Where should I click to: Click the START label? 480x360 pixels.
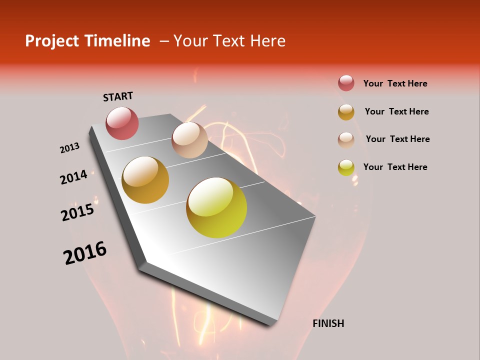pyautogui.click(x=118, y=96)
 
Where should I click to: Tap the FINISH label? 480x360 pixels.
pyautogui.click(x=328, y=323)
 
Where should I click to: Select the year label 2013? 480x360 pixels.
pyautogui.click(x=70, y=148)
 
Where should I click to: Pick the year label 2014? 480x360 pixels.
pyautogui.click(x=73, y=177)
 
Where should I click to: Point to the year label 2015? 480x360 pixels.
pyautogui.click(x=77, y=212)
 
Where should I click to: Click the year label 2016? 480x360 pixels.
pyautogui.click(x=85, y=253)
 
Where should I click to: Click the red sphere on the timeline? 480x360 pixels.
pyautogui.click(x=122, y=123)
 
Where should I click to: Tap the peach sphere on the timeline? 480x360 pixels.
pyautogui.click(x=189, y=140)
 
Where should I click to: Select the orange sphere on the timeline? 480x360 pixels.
pyautogui.click(x=145, y=180)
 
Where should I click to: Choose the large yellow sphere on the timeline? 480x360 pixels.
pyautogui.click(x=216, y=207)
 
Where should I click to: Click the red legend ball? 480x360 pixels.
pyautogui.click(x=346, y=83)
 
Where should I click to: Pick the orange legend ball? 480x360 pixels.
pyautogui.click(x=346, y=112)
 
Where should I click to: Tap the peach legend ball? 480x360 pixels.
pyautogui.click(x=346, y=140)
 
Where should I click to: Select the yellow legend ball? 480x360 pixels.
pyautogui.click(x=346, y=167)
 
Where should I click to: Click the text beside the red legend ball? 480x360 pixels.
pyautogui.click(x=395, y=83)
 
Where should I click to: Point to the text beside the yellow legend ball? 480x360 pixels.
pyautogui.click(x=395, y=167)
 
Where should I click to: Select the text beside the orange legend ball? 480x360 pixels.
pyautogui.click(x=396, y=111)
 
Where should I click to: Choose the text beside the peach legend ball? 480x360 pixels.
pyautogui.click(x=397, y=139)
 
